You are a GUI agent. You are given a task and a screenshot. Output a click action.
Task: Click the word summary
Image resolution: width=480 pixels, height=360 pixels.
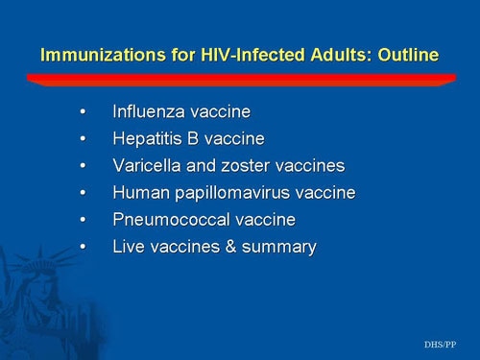(x=280, y=248)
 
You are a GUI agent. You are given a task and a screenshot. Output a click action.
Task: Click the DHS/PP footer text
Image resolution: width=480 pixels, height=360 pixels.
(x=441, y=343)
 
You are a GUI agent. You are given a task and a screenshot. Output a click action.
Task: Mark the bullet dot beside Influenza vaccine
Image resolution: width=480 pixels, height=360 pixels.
(x=86, y=113)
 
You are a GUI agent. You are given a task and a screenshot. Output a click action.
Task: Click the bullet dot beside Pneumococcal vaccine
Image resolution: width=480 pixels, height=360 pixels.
(x=86, y=221)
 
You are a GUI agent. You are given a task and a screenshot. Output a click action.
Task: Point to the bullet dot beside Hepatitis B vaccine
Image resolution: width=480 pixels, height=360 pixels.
(x=86, y=140)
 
